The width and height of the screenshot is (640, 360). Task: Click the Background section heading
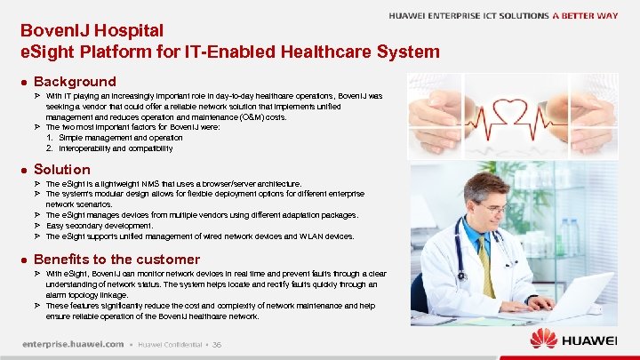click(x=75, y=81)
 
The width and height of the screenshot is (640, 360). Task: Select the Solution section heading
click(x=61, y=169)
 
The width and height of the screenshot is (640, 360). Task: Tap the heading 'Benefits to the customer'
click(x=116, y=259)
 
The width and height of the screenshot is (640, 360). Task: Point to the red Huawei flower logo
click(x=543, y=339)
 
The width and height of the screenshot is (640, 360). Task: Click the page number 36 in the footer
click(x=216, y=344)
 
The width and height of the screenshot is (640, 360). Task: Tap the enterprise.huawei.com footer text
click(x=73, y=344)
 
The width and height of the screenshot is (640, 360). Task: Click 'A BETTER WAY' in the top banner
click(x=584, y=16)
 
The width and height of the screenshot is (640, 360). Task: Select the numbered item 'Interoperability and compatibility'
click(x=121, y=148)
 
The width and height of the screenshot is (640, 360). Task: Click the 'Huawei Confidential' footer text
click(x=169, y=344)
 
